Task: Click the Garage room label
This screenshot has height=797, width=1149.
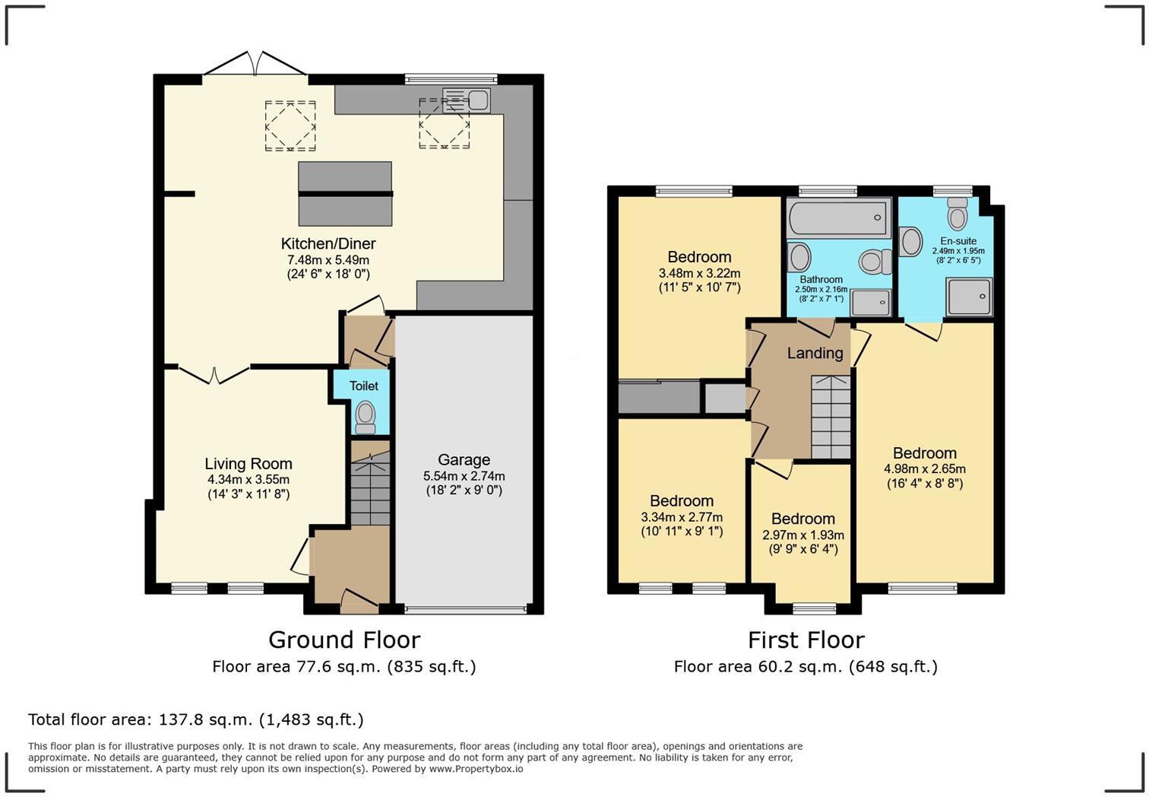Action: [464, 460]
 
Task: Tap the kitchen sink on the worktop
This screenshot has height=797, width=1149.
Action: [467, 100]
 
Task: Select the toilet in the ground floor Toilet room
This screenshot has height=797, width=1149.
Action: [366, 418]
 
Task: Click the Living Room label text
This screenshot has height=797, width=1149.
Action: [248, 464]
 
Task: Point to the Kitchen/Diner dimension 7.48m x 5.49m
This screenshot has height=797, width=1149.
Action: [328, 259]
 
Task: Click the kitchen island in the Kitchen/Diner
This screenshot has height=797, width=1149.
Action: [345, 193]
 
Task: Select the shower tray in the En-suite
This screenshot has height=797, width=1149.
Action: [969, 297]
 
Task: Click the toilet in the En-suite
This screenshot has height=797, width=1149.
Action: [957, 214]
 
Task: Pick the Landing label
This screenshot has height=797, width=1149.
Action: [815, 353]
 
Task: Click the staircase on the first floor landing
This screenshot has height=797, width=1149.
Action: [831, 417]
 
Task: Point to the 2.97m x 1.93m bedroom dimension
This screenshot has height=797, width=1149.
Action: [802, 535]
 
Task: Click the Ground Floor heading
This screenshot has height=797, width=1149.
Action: [344, 640]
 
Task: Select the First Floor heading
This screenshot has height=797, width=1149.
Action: [806, 640]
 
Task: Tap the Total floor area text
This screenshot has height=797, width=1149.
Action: [196, 719]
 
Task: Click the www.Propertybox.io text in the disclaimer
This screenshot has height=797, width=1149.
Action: [476, 769]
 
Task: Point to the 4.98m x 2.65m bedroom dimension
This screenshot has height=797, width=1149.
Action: [925, 469]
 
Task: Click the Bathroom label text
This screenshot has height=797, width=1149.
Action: [821, 279]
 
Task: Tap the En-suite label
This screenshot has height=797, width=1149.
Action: [958, 240]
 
